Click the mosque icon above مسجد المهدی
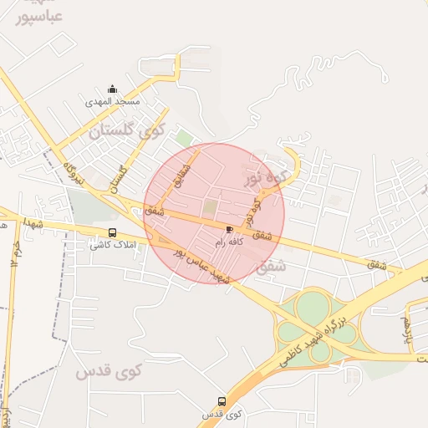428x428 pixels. pos(113,89)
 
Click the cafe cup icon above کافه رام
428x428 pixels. pos(229,228)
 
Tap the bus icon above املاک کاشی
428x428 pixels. pos(112,233)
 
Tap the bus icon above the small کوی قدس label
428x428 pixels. pos(222,401)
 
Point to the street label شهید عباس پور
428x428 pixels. pos(201,263)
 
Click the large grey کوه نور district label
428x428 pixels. pos(267,176)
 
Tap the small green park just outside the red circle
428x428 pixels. pos(184,139)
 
